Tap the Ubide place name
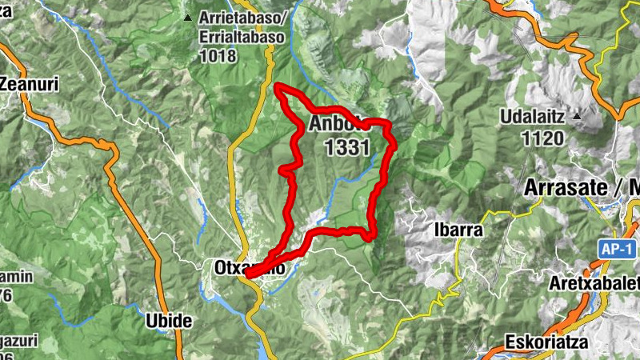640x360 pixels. [x=169, y=322]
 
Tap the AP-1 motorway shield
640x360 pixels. [x=615, y=250]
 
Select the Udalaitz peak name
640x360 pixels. [x=533, y=117]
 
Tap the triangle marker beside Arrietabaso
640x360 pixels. [x=188, y=18]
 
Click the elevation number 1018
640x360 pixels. [x=219, y=57]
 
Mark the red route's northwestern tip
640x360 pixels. [x=277, y=86]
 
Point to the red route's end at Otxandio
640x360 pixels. [x=247, y=274]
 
